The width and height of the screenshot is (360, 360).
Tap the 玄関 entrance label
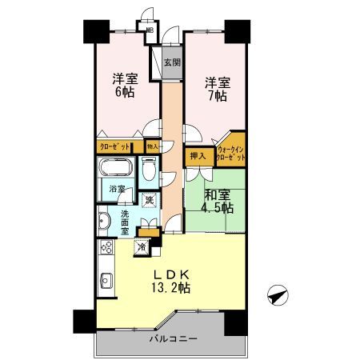(171, 62)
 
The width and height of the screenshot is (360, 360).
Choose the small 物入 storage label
(152, 146)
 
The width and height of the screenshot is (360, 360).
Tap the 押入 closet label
(197, 157)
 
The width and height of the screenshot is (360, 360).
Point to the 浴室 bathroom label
(117, 191)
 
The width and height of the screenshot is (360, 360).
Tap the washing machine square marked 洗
(148, 200)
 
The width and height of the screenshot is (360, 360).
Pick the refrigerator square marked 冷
(142, 246)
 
